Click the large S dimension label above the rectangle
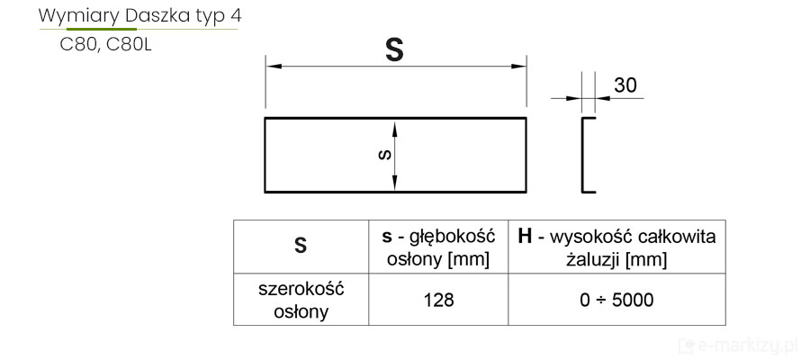click(x=394, y=49)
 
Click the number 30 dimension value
click(x=625, y=85)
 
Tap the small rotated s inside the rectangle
click(x=384, y=155)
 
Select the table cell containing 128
click(x=438, y=299)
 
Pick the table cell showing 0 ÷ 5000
click(x=616, y=299)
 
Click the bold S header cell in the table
click(x=301, y=246)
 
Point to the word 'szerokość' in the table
click(x=301, y=289)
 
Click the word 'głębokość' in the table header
click(x=453, y=237)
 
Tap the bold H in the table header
click(x=525, y=237)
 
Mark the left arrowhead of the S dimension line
click(x=270, y=67)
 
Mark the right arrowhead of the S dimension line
click(x=520, y=67)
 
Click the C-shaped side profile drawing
click(x=587, y=154)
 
